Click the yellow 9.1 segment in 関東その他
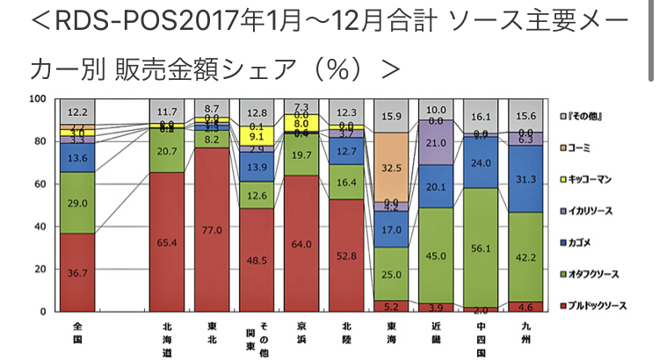258,136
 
